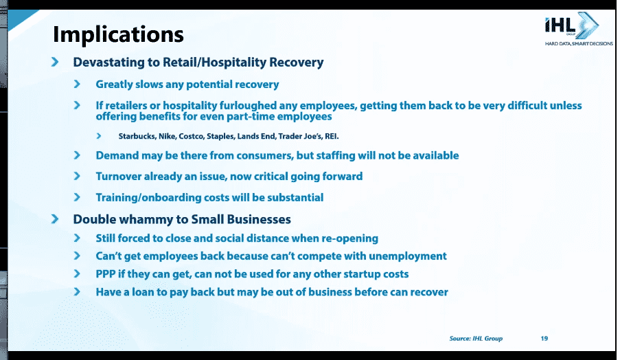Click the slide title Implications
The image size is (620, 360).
click(118, 34)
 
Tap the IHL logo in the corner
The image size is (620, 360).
click(572, 25)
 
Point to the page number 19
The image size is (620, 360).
click(544, 338)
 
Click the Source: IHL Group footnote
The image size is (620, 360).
click(476, 338)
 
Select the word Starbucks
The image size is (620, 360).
click(137, 136)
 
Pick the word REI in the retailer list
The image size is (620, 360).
click(332, 136)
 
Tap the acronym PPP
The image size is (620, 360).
click(106, 273)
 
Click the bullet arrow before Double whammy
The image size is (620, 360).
click(55, 219)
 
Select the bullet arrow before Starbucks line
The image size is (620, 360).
click(99, 136)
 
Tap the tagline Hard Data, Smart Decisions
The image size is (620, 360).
click(579, 43)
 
